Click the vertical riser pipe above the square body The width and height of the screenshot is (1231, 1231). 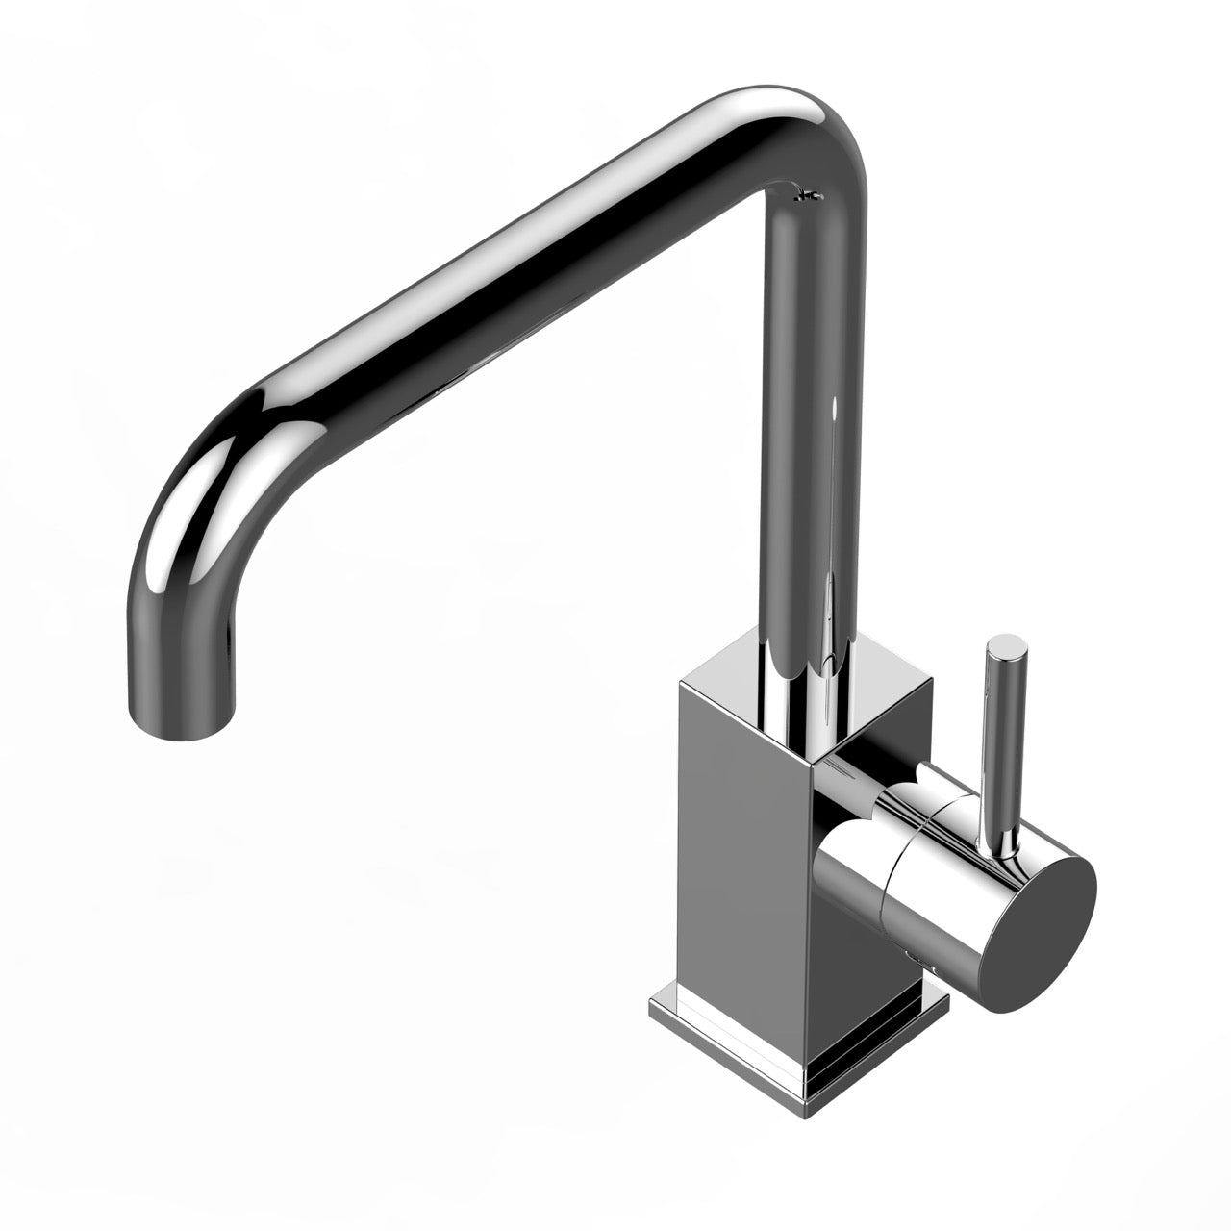click(x=804, y=433)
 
